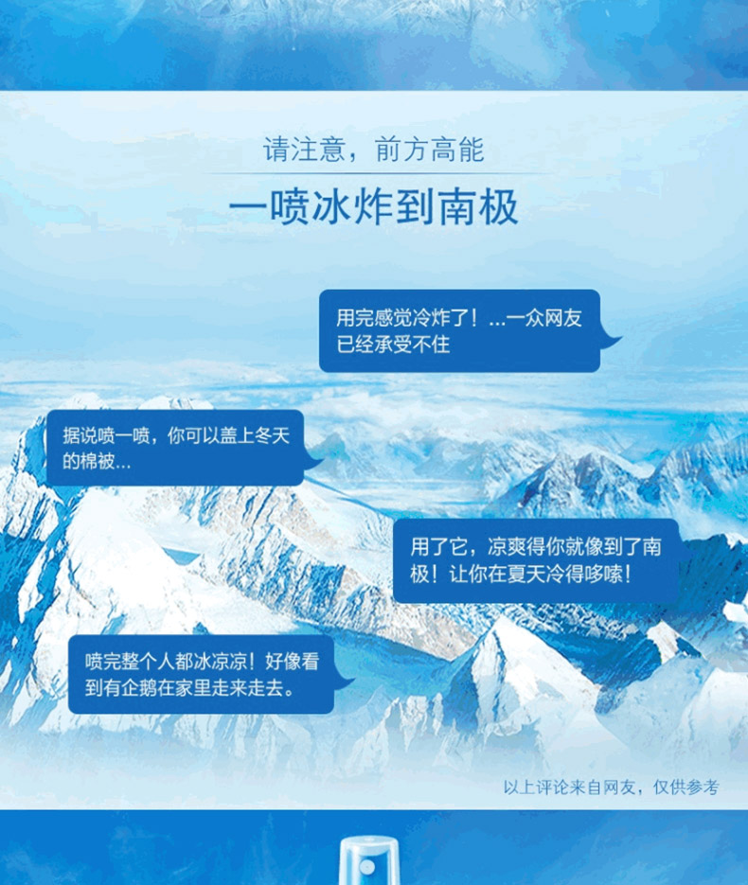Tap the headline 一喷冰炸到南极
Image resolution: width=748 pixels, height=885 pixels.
(x=374, y=207)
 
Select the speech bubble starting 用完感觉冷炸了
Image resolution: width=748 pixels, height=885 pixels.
(x=459, y=330)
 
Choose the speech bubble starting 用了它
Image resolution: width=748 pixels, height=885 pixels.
(x=536, y=560)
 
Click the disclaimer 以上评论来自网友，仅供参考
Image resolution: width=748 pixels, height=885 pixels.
(x=612, y=787)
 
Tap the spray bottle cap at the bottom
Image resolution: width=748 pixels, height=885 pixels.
(x=369, y=860)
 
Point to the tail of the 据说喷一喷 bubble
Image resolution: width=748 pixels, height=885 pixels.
(x=313, y=461)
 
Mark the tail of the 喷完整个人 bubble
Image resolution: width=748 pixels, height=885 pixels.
(x=344, y=683)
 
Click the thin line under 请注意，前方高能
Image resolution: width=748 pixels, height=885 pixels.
(x=374, y=173)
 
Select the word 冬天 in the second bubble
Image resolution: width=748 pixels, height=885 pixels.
(x=272, y=435)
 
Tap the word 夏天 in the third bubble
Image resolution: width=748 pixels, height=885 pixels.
(x=509, y=575)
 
